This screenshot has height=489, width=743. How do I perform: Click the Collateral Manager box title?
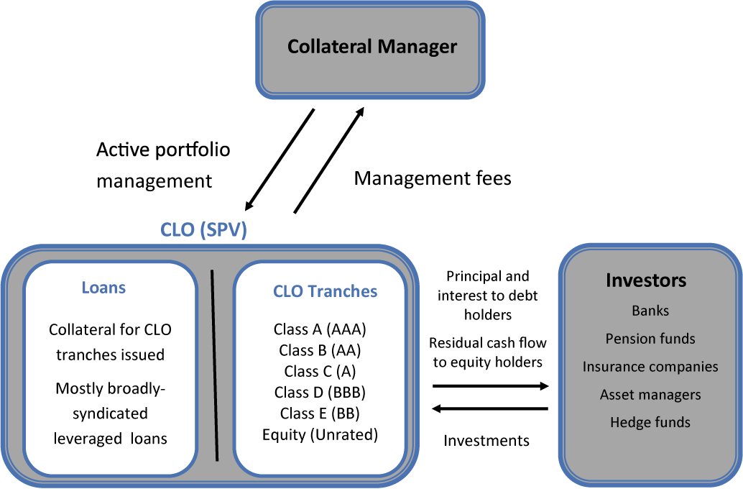click(372, 47)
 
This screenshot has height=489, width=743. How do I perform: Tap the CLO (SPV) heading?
click(203, 232)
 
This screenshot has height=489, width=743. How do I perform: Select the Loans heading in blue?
click(103, 288)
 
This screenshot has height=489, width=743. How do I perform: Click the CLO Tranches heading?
click(325, 291)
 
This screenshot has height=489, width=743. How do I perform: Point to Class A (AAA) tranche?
click(320, 329)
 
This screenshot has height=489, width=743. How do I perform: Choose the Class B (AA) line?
click(320, 350)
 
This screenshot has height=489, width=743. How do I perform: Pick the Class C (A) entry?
click(320, 371)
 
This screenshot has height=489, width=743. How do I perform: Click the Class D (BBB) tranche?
click(320, 392)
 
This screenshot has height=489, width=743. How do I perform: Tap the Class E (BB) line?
click(320, 413)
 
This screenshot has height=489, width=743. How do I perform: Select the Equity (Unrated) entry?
click(320, 434)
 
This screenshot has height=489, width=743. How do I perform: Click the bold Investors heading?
click(646, 280)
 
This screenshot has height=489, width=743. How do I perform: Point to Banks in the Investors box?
click(650, 311)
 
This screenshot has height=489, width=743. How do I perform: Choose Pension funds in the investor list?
click(650, 339)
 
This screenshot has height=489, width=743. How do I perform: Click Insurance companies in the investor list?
click(650, 367)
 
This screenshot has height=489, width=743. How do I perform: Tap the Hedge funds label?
click(650, 422)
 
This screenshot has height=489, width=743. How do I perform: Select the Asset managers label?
click(650, 395)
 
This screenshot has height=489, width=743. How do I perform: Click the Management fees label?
click(433, 178)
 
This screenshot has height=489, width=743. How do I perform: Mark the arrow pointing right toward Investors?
click(490, 386)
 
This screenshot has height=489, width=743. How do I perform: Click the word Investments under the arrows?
click(486, 440)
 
